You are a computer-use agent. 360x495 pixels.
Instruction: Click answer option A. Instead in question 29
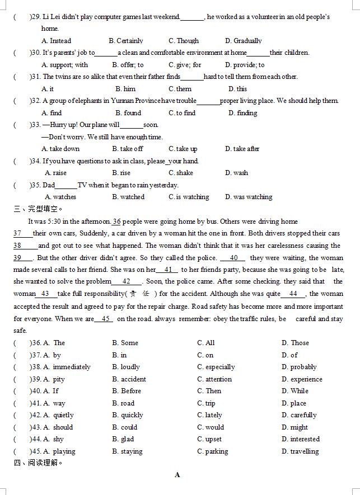coord(56,41)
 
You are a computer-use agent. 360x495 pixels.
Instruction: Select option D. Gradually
coord(243,41)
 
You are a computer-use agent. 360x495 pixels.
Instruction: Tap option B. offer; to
coord(128,65)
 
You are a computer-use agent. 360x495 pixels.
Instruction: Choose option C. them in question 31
coord(180,89)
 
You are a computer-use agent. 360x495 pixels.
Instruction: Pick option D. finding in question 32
coord(242,113)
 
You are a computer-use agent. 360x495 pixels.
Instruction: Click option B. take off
coord(127,149)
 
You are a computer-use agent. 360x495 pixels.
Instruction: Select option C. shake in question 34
coord(180,173)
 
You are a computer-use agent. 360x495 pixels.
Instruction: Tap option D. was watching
coord(249,197)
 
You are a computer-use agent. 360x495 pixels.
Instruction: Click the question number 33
coord(35,125)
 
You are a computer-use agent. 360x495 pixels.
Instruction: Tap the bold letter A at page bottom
coord(177,475)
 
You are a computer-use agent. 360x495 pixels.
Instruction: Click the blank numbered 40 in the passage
coord(233,258)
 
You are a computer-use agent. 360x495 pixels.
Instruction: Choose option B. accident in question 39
coord(129,379)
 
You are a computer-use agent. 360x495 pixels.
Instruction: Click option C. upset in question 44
coord(209,439)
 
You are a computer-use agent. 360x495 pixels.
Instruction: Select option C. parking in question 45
coord(212,451)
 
